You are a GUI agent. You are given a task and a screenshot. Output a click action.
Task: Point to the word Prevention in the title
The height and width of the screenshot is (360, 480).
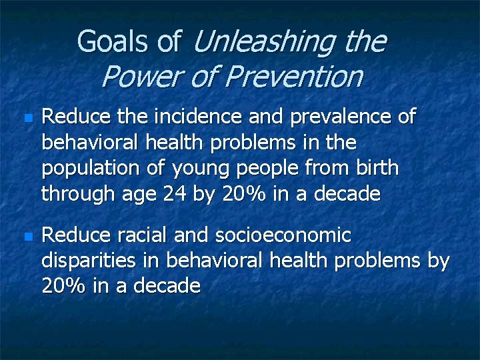293,77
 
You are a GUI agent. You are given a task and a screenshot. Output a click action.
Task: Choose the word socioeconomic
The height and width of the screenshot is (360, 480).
283,235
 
